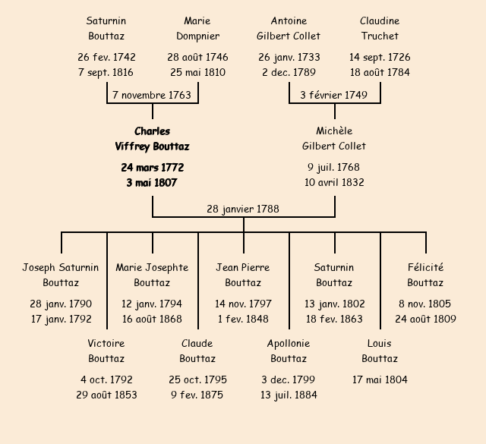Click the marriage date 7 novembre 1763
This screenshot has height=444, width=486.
coord(152,96)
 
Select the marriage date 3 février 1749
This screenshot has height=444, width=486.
coord(334,96)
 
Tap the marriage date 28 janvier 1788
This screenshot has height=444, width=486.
coord(243,209)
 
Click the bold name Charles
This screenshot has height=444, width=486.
coord(152,131)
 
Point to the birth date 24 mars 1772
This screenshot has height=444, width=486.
coord(152,167)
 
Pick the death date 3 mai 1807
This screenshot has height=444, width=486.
coord(152,182)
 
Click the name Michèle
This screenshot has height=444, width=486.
coord(334,131)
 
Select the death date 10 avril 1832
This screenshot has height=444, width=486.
coord(334,182)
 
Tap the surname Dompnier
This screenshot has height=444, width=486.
coord(197,36)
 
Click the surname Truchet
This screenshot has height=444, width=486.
coord(380,36)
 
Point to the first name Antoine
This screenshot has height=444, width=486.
coord(289,20)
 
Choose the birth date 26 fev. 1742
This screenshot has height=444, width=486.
coord(106,57)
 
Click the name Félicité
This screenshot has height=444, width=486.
coord(425,267)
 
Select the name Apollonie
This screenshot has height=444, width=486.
coord(289,343)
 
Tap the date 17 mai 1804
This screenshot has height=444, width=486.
coord(380,379)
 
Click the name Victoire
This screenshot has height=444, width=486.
coord(106,343)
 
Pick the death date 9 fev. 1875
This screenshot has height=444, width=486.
coord(197,395)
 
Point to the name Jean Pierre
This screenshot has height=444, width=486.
coord(243,267)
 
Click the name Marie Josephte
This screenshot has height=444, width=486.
coord(152,267)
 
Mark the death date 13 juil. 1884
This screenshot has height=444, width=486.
coord(289,395)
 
